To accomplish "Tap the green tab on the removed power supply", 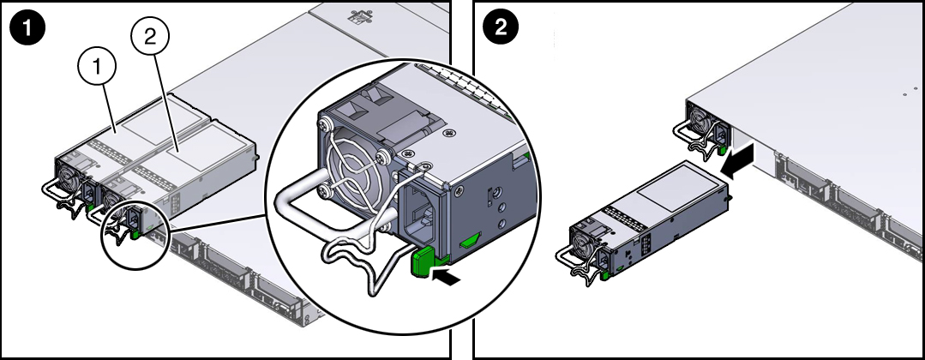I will click(x=604, y=275).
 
